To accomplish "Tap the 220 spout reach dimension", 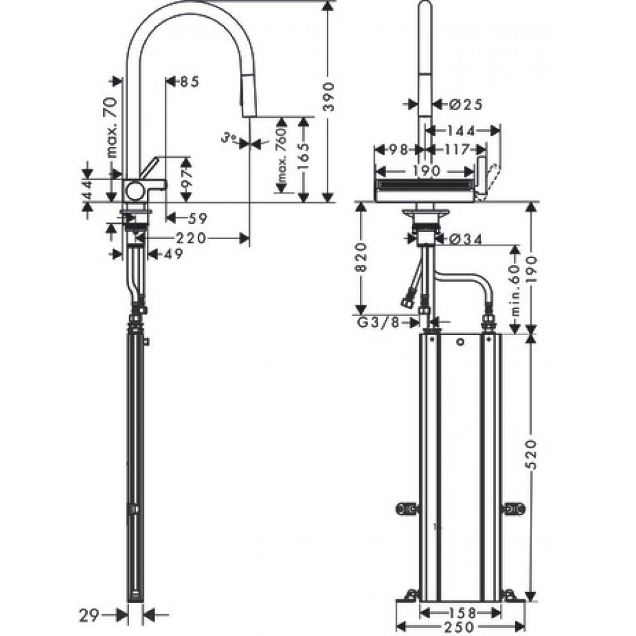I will [x=191, y=238].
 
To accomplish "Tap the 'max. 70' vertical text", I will [x=110, y=127].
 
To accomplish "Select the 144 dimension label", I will [x=461, y=131].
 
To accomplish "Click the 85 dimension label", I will [x=189, y=81].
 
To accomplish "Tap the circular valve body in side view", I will [x=135, y=190].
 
